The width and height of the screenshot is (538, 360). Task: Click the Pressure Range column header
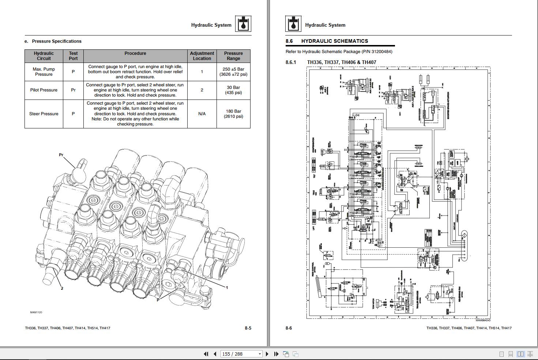[233, 56]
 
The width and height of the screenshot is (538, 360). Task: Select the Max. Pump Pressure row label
[44, 72]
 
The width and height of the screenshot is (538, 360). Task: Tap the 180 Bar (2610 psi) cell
[233, 114]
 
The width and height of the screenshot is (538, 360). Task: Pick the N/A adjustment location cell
[202, 114]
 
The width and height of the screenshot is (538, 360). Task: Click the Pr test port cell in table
[73, 90]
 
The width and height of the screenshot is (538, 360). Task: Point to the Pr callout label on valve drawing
[61, 155]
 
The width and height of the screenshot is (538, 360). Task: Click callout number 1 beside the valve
[227, 288]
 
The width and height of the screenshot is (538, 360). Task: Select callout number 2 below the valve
[62, 288]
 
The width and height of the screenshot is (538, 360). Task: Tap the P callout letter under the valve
[158, 300]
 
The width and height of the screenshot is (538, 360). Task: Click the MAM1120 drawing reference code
[36, 312]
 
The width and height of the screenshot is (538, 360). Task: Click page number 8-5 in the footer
[248, 328]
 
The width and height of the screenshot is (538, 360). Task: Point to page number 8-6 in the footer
[289, 328]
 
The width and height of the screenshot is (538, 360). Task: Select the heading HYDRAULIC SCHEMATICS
[334, 41]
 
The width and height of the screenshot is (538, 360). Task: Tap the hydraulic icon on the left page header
[243, 24]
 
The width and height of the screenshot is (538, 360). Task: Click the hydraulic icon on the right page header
[293, 24]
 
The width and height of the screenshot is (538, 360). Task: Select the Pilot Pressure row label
[44, 90]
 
